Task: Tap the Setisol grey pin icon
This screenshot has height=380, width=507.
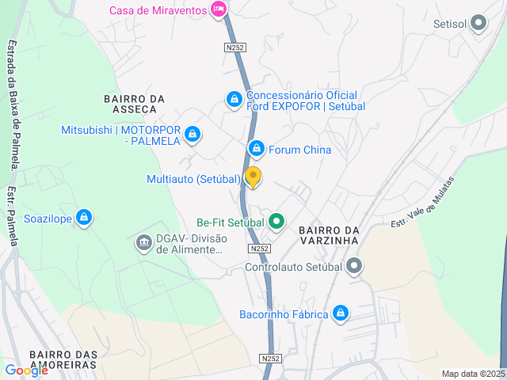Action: point(478,24)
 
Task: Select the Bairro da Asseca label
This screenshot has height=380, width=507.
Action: point(134,104)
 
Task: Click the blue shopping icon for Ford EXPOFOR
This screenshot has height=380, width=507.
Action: point(233,99)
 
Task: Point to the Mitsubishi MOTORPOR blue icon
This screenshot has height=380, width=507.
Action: point(191,135)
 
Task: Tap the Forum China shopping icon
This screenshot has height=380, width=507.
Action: point(256,149)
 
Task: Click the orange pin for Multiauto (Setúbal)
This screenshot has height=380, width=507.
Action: point(253,177)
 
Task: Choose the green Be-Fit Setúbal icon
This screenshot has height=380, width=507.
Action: point(276,222)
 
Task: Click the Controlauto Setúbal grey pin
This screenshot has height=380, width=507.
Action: point(355,267)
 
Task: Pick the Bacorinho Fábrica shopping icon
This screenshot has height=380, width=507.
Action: point(340,313)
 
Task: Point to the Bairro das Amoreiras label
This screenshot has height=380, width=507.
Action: point(63,359)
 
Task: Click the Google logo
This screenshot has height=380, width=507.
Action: point(26,370)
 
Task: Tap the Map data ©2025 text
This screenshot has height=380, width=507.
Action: point(472,374)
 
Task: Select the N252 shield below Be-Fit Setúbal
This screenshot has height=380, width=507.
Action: point(259,249)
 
